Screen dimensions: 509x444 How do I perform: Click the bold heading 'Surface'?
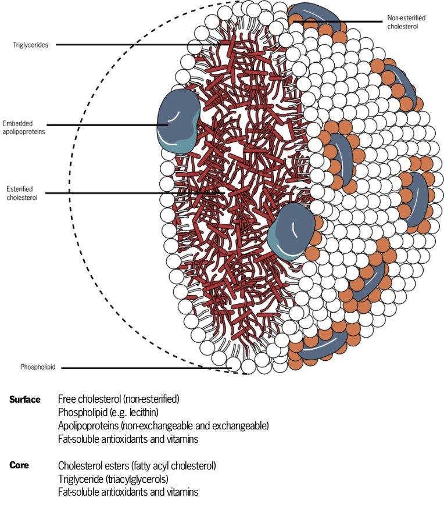pos(25,400)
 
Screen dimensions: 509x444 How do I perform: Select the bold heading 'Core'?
pos(19,465)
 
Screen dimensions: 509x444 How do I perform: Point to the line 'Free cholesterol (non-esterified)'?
pos(119,400)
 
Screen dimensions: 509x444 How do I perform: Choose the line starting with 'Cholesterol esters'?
pos(137,465)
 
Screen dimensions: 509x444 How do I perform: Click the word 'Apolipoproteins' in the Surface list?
pos(86,426)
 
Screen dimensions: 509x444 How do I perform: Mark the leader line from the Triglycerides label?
pos(139,45)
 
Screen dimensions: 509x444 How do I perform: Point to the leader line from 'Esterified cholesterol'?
pos(134,193)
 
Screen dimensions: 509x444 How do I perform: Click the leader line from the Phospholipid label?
pos(145,368)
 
